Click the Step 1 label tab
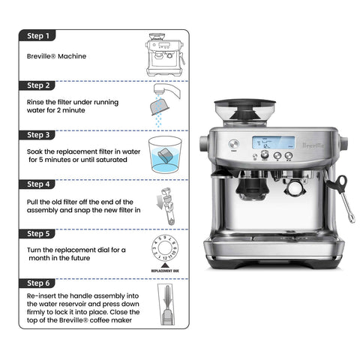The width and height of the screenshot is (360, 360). (x=37, y=35)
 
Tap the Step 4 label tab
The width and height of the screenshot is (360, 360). (x=37, y=184)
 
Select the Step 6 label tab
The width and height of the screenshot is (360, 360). (x=37, y=283)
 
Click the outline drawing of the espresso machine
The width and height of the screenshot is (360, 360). (x=165, y=55)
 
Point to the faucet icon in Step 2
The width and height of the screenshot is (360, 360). (x=166, y=90)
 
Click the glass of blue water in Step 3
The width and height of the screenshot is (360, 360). (x=165, y=154)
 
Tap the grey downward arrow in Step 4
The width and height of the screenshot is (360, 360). (x=159, y=202)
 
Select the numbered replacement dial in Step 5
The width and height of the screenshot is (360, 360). (x=165, y=247)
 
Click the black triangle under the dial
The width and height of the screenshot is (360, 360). (x=165, y=265)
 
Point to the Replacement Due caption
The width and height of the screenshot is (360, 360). (x=165, y=271)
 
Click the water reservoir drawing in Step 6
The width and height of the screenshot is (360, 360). (x=166, y=304)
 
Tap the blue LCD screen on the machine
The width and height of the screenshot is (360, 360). (x=273, y=142)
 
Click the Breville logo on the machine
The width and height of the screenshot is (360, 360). (x=313, y=145)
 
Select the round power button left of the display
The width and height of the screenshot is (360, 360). (x=234, y=144)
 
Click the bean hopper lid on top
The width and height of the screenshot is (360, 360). (x=245, y=103)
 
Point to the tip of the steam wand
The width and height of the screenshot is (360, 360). (x=352, y=220)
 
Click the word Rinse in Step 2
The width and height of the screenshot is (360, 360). (x=35, y=102)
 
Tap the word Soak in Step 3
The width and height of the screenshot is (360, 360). (x=34, y=151)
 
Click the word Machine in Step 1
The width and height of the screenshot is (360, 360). (x=72, y=56)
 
